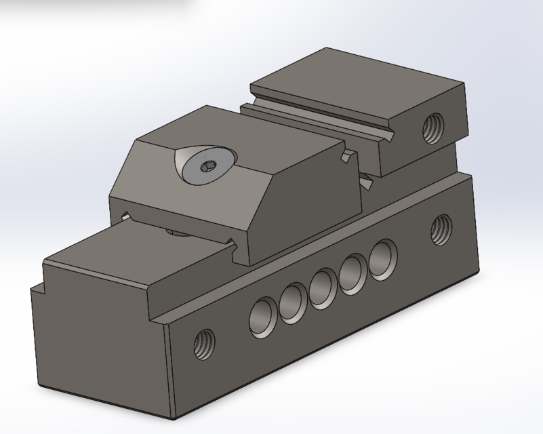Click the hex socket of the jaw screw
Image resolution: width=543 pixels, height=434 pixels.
pyautogui.click(x=206, y=164)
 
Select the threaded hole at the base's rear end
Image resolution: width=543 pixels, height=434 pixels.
pyautogui.click(x=441, y=229)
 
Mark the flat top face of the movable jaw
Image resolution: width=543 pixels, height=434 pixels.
pyautogui.click(x=224, y=125)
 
